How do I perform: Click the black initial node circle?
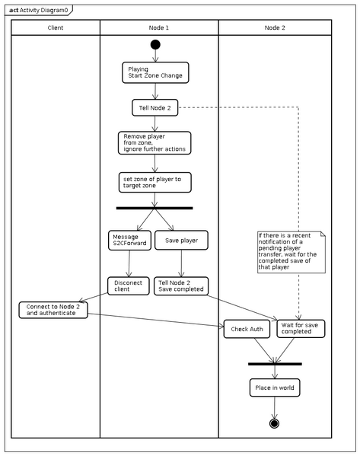(155, 44)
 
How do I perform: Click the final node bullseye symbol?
(274, 423)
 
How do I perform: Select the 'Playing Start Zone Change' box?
(155, 72)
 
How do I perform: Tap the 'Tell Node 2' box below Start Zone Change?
(155, 108)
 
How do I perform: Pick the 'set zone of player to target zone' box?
(155, 182)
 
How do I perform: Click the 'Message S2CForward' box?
(129, 241)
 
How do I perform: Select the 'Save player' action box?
(181, 241)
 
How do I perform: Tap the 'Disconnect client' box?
(128, 285)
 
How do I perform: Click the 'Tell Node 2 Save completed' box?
(180, 285)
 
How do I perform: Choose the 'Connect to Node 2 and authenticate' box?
(53, 310)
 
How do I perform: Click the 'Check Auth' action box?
(246, 330)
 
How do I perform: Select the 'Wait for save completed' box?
(297, 328)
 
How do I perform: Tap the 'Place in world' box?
(274, 387)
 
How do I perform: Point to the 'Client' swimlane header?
(56, 27)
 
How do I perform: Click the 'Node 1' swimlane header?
(158, 27)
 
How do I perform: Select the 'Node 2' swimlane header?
(275, 27)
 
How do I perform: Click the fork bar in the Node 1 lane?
(155, 208)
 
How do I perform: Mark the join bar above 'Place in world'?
(275, 364)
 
